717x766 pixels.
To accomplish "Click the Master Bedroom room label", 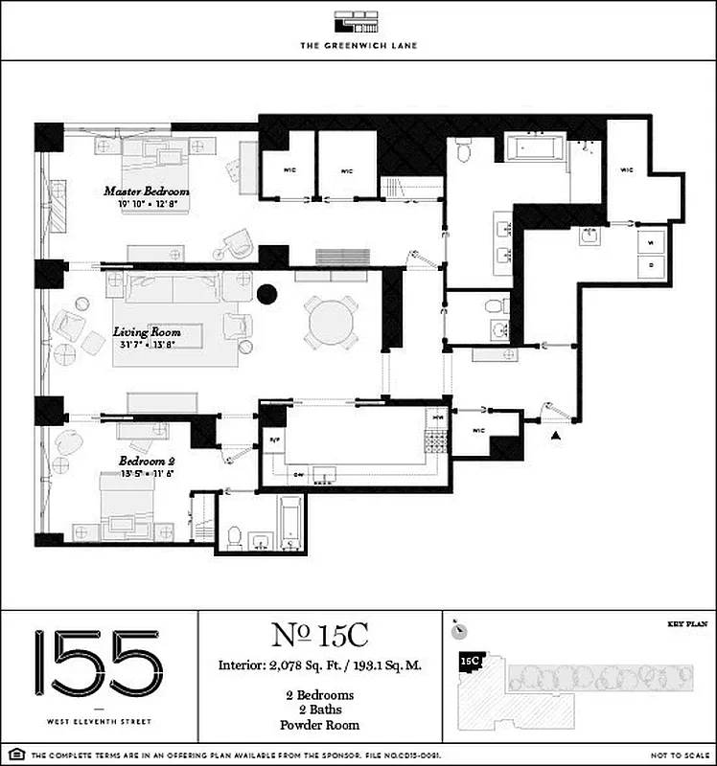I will (x=147, y=191).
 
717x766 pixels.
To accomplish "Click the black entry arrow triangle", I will (x=555, y=436).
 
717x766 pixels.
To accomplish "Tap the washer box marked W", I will (x=651, y=240).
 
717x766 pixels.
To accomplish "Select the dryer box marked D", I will (x=651, y=262).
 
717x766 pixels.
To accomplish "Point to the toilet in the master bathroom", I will (x=464, y=151).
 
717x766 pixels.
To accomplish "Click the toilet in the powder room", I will (x=493, y=305).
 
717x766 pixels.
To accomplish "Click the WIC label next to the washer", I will (x=627, y=170).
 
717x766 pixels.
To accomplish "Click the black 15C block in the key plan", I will (x=470, y=661).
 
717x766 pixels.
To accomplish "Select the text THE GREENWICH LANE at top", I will (x=358, y=45).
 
